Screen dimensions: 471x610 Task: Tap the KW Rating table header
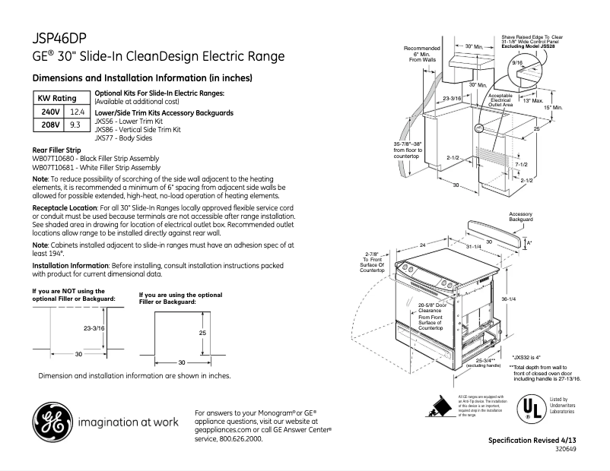click(58, 99)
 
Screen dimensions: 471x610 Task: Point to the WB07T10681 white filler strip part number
click(96, 167)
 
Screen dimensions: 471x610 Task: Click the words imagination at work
click(127, 422)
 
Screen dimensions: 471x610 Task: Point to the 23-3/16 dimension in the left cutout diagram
click(94, 327)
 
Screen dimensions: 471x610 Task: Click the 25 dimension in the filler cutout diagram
click(202, 333)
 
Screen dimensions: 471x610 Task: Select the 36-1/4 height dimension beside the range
click(508, 299)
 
